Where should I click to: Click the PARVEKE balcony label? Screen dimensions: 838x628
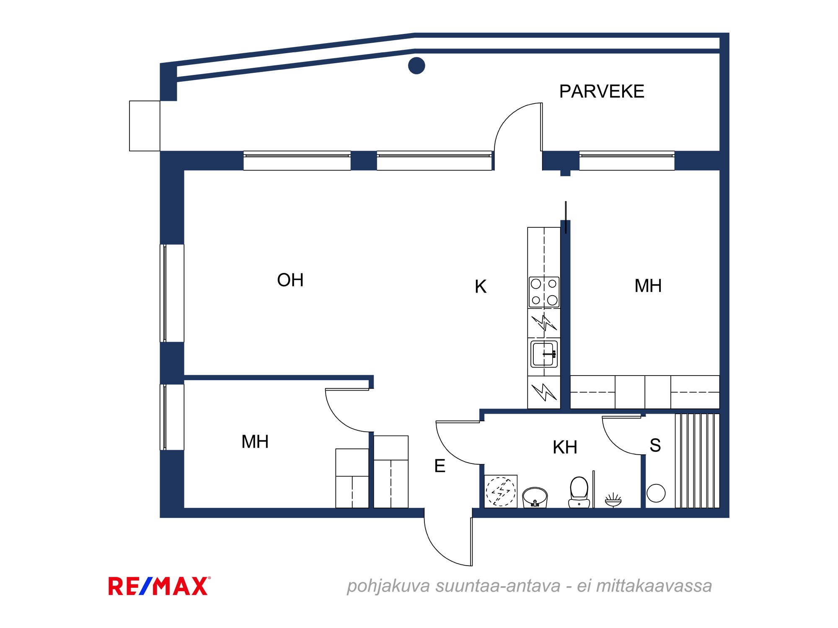pos(602,91)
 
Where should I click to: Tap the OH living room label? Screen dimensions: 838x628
pos(290,280)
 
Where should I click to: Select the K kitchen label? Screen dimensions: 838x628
pos(481,287)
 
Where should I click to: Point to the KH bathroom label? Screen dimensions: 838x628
pos(565,448)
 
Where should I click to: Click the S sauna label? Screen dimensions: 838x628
pos(655,445)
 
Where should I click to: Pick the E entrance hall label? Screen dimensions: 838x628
pos(440,466)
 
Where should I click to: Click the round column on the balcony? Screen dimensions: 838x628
pos(416,65)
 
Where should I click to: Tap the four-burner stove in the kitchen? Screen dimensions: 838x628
pos(544,292)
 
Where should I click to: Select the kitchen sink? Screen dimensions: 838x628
pos(544,354)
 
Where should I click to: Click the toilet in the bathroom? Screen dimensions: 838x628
pos(579,492)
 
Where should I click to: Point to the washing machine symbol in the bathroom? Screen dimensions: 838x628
pos(501,491)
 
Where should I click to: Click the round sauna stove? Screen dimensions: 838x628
pos(656,493)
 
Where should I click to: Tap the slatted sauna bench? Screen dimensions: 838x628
pos(697,461)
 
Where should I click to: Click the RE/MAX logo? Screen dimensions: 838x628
pos(159,586)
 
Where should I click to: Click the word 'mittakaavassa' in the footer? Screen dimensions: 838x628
pos(654,586)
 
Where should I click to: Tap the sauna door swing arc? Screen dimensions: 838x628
pos(613,444)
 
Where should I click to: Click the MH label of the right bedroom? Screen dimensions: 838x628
pos(648,286)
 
